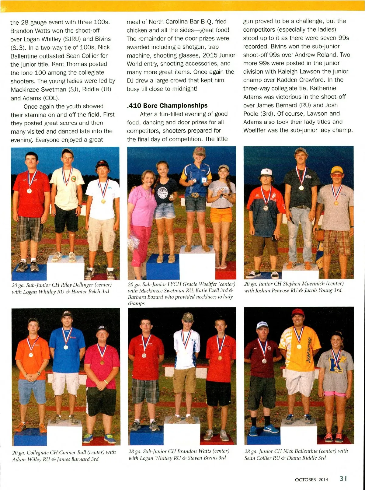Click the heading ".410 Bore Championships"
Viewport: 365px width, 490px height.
pyautogui.click(x=167, y=106)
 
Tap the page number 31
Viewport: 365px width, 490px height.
pyautogui.click(x=343, y=478)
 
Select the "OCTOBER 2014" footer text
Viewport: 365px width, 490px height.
pyautogui.click(x=311, y=480)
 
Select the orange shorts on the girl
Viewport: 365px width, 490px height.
pyautogui.click(x=221, y=215)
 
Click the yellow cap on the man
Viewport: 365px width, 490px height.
pyautogui.click(x=337, y=170)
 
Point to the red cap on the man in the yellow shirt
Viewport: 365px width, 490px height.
pyautogui.click(x=298, y=312)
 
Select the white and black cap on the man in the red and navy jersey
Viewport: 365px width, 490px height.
pyautogui.click(x=266, y=172)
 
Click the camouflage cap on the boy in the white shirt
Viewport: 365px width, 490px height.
pyautogui.click(x=188, y=317)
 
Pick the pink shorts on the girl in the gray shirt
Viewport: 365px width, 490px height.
pyautogui.click(x=335, y=394)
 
